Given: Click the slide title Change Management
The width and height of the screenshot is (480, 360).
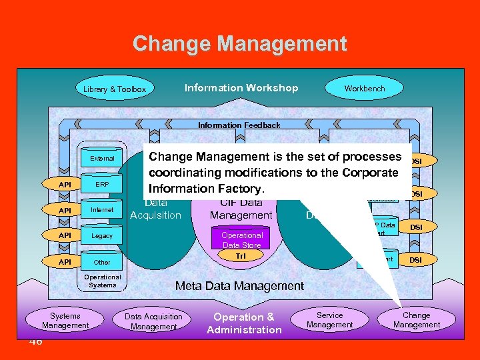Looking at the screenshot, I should tap(239, 44).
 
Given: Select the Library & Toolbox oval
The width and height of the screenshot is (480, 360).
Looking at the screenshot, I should tap(114, 89).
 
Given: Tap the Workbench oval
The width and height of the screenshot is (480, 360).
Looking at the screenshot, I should tap(364, 88).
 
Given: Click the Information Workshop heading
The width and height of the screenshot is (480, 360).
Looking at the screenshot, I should tap(241, 88).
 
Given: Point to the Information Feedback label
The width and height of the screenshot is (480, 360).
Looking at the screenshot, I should tap(239, 125).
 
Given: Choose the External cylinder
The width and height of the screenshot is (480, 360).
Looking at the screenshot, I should tap(102, 159).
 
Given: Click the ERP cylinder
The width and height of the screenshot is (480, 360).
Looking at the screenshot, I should tap(102, 184).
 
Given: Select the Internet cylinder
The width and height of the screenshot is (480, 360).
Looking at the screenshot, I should tap(102, 210).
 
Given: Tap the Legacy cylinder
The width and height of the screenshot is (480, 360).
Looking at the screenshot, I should tap(102, 236).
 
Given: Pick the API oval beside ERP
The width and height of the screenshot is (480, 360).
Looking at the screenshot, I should tap(65, 184).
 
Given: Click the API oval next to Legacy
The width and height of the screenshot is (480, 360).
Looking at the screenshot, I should tap(65, 236).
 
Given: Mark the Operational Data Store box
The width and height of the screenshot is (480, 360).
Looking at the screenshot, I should tap(242, 240).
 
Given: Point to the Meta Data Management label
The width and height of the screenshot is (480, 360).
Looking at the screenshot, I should tap(239, 286).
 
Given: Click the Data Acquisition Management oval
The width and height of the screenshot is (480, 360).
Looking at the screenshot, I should tap(154, 321).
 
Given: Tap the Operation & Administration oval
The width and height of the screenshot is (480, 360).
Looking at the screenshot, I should tap(244, 323).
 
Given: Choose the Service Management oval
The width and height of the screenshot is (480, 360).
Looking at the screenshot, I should tap(329, 320).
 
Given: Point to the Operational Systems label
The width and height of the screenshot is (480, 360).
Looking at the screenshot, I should tap(103, 281).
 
